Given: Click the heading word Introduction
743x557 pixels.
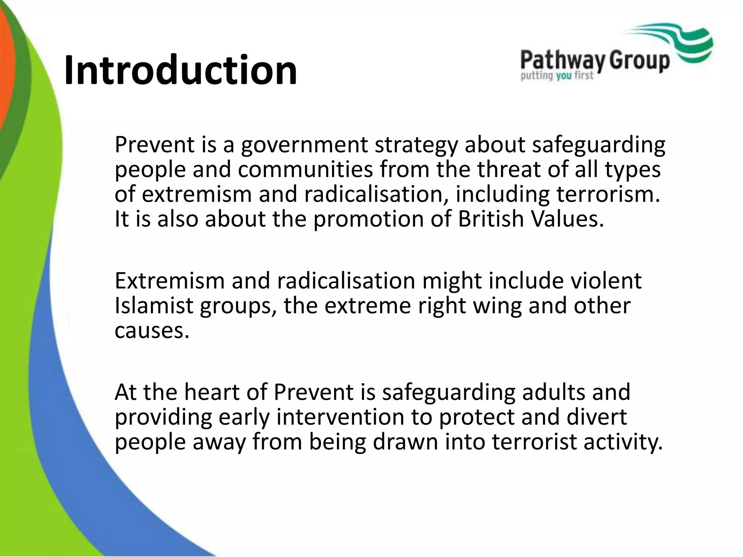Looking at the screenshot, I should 180,70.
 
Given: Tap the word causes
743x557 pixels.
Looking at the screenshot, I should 152,330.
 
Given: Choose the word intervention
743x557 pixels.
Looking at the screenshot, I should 340,417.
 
